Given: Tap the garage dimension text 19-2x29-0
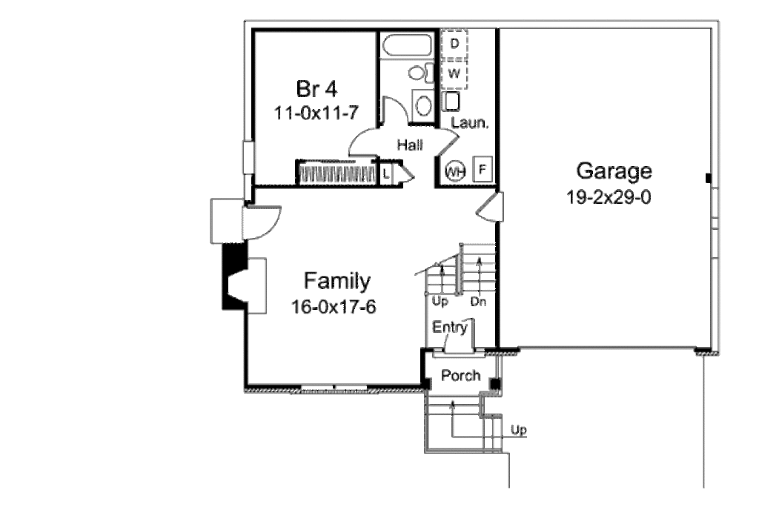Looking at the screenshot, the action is tap(609, 197).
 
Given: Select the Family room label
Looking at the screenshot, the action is tap(337, 281).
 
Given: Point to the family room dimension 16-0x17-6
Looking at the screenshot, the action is tap(334, 307).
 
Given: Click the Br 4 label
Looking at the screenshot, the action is tap(316, 88).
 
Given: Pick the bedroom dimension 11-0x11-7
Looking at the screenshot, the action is tap(316, 113).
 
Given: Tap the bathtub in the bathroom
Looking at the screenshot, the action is tap(407, 45).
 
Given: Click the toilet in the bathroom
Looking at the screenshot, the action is tap(421, 73).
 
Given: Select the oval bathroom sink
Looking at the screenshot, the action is tap(423, 105).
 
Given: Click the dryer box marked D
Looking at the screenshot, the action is tap(454, 44).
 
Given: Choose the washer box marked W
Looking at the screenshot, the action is tap(454, 75).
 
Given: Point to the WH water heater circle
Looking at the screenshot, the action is tap(455, 171).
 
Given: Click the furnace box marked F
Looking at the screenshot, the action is tap(482, 170).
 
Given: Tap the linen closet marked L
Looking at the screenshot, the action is tap(386, 173).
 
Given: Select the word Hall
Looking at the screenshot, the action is tap(410, 145).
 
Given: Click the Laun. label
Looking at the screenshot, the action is tap(469, 122).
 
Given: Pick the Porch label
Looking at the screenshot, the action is tap(461, 375).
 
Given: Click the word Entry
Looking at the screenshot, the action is tap(450, 328).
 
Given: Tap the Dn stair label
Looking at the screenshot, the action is tap(478, 302).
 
